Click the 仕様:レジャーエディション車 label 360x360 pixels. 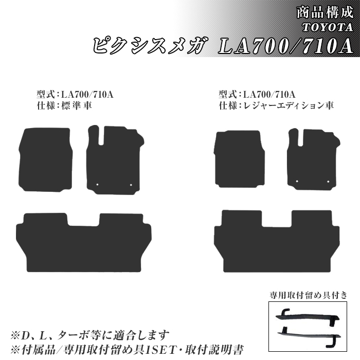point(276,105)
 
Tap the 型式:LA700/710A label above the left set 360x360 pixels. point(76,94)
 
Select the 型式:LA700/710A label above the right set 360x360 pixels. point(257,94)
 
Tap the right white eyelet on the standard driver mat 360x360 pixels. point(131,185)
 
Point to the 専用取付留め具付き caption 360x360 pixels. point(309,295)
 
